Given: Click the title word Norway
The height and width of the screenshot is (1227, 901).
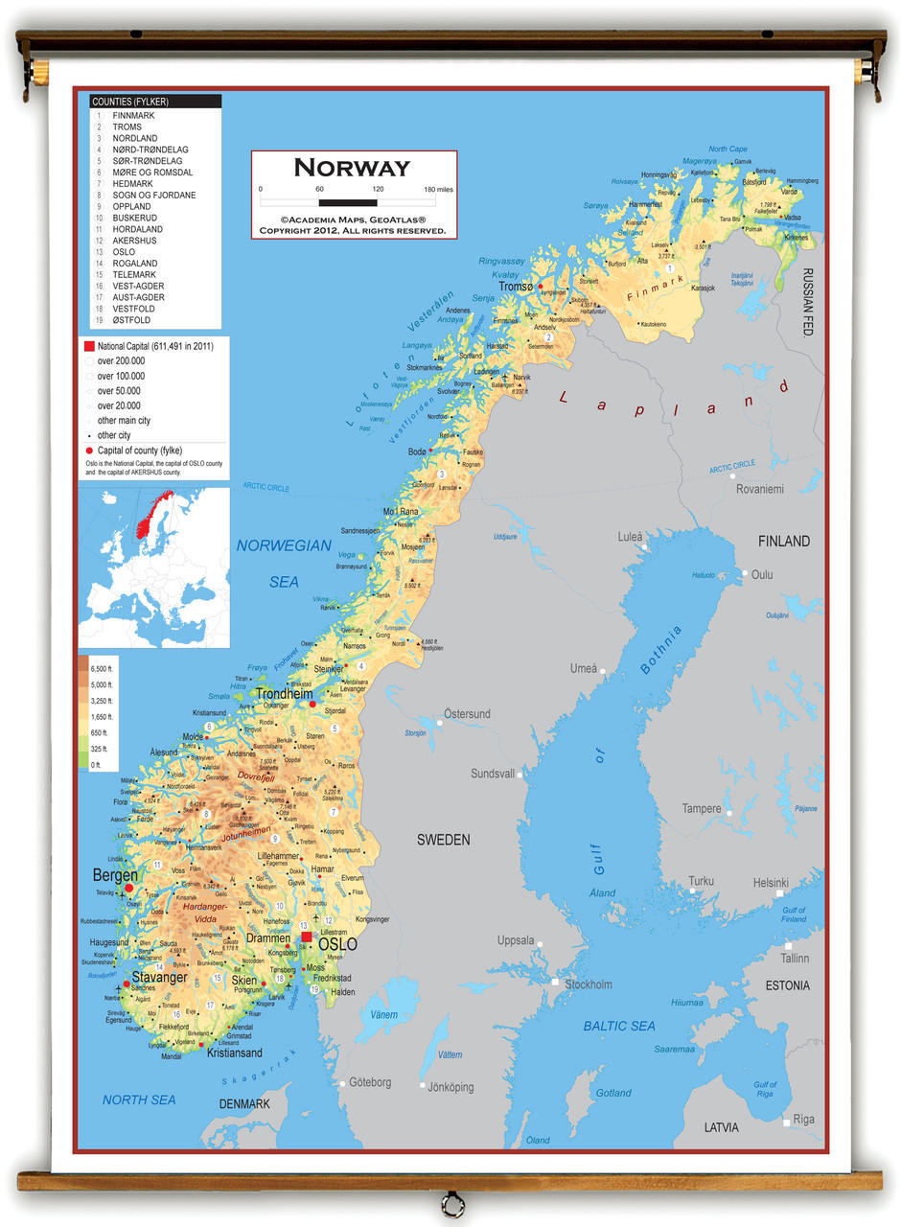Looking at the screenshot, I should (352, 168).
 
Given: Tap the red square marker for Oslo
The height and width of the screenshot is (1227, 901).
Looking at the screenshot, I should (306, 937).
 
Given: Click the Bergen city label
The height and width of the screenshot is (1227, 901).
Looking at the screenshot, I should (115, 875).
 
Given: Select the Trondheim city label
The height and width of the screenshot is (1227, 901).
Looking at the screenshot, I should (285, 694).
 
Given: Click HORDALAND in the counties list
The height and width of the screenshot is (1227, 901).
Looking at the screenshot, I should (137, 229).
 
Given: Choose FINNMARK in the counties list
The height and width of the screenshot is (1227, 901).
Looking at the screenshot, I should (133, 115).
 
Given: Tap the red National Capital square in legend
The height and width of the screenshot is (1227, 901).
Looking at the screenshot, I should (89, 346).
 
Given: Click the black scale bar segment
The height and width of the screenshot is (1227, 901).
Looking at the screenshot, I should (348, 202).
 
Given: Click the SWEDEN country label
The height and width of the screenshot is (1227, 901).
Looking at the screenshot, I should (443, 840).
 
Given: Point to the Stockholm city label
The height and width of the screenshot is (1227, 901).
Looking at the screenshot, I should (588, 984).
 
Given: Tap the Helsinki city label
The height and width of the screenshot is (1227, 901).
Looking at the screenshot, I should (771, 883).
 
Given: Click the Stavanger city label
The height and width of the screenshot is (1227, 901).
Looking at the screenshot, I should (160, 978).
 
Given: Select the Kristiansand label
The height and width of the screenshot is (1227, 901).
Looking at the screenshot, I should (235, 1053).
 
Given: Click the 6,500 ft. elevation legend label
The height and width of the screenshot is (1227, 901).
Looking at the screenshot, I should (102, 668).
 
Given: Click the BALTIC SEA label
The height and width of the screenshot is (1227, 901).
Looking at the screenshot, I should (619, 1026).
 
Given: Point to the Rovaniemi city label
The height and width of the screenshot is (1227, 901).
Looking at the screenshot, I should (759, 489).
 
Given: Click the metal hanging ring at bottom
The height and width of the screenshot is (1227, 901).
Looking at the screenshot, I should (450, 1204).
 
